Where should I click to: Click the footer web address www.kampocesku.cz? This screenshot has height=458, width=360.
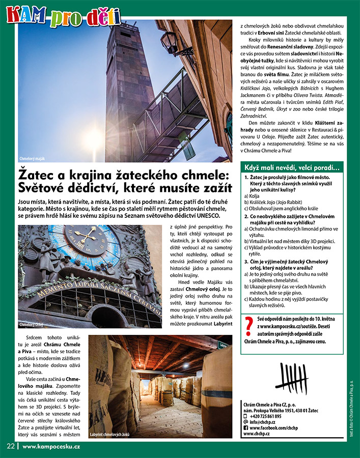pos(51,446)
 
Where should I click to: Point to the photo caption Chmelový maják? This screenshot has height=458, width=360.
pos(34,158)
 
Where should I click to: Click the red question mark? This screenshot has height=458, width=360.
pos(249,326)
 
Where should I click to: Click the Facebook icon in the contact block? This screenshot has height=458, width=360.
pos(246,428)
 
